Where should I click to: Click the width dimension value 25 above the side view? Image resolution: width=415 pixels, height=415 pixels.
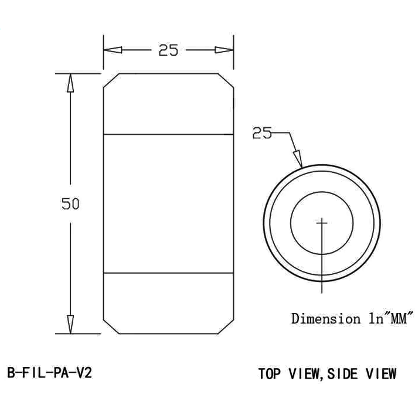168,50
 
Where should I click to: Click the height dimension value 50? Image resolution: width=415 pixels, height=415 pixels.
70,204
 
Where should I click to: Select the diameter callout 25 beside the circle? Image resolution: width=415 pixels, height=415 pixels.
262,133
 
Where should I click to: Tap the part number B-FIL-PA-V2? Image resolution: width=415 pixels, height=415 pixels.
50,373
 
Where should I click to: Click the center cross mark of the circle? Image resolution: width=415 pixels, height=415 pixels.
322,222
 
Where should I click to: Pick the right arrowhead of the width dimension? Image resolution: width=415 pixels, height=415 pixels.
225,50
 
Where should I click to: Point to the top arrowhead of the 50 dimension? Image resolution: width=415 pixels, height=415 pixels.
70,83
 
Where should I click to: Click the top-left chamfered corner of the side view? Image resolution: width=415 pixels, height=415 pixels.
111,80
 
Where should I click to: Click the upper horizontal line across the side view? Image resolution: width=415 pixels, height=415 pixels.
168,135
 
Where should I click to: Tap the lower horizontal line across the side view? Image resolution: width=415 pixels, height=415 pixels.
168,273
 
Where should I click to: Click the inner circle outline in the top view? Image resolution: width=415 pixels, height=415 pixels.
291,223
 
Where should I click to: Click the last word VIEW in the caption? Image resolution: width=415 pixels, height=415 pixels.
382,373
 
